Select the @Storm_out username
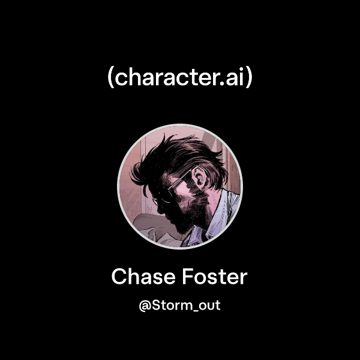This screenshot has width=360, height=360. pyautogui.click(x=179, y=305)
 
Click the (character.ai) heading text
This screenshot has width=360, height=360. pyautogui.click(x=179, y=79)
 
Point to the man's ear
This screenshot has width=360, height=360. pyautogui.click(x=201, y=180)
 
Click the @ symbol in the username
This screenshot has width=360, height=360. pyautogui.click(x=144, y=306)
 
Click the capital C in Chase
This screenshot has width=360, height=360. pyautogui.click(x=119, y=277)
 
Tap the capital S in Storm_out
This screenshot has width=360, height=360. pyautogui.click(x=155, y=305)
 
